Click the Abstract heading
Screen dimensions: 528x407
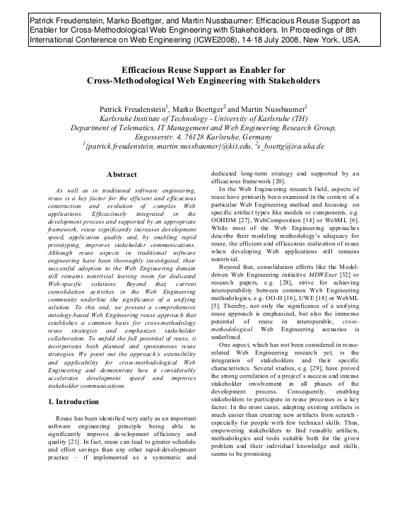pyautogui.click(x=121, y=173)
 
